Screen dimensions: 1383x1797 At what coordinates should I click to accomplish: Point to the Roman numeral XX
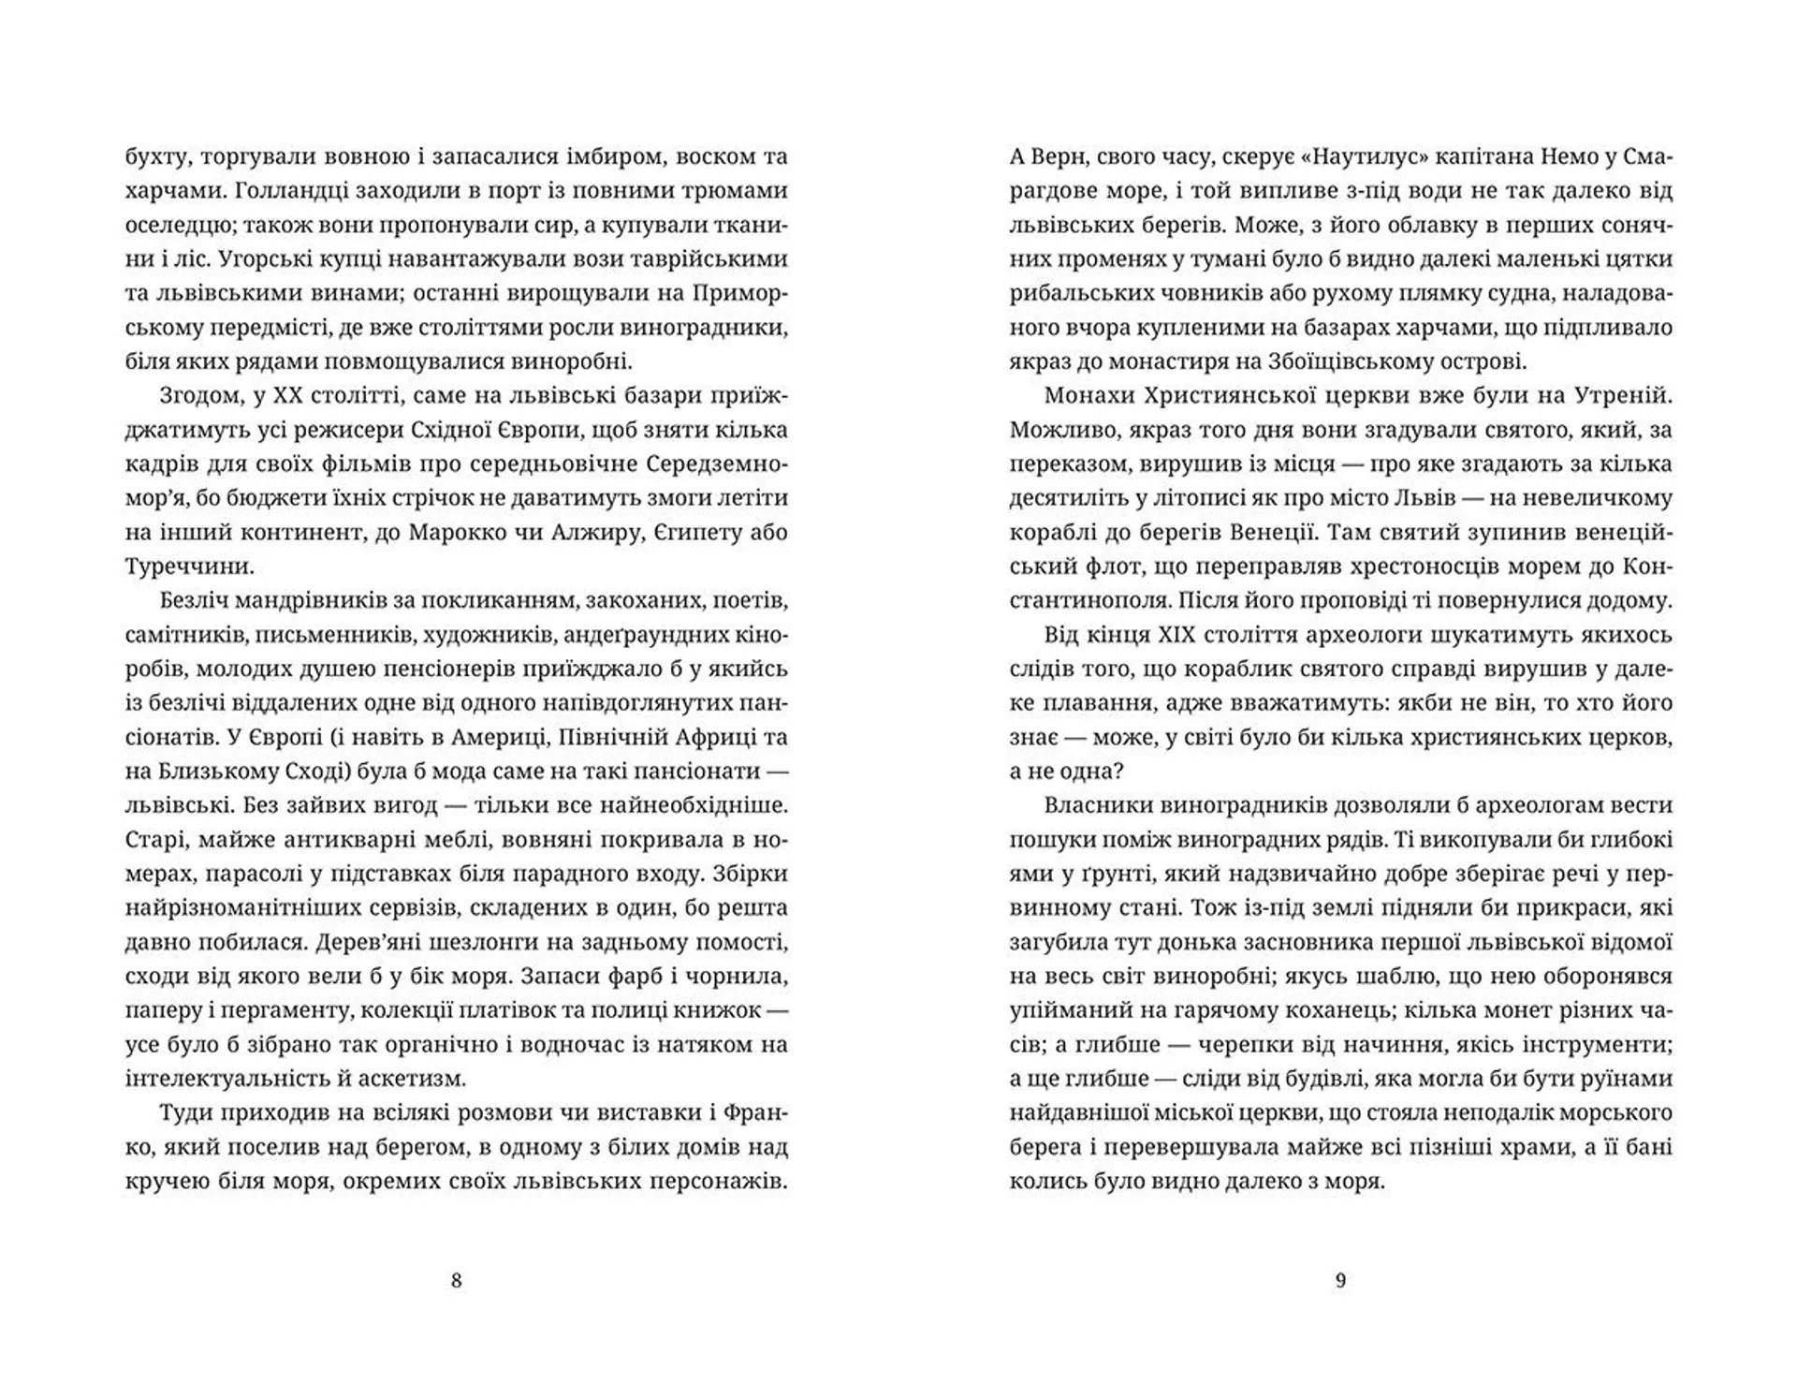[284, 396]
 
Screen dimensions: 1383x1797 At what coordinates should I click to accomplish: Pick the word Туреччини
[188, 566]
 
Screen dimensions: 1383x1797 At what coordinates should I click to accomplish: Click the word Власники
[1096, 805]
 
